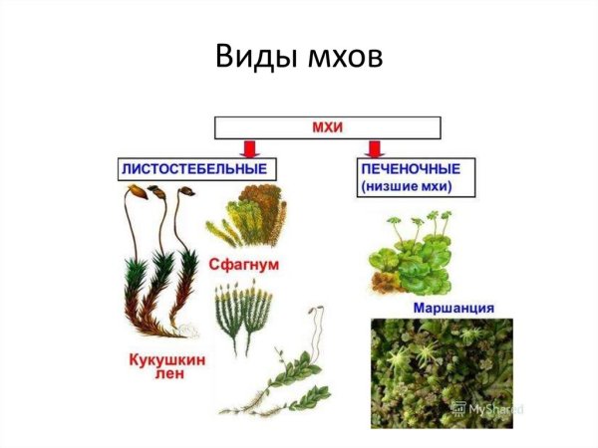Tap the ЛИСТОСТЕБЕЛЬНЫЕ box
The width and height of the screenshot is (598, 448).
point(193,169)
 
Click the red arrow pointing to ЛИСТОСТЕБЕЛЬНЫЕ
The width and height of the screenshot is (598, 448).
point(251,148)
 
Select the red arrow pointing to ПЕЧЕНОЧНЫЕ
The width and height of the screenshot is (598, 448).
point(376,148)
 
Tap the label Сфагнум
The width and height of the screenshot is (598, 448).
point(242,266)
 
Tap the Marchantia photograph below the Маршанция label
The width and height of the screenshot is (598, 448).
point(439,373)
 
